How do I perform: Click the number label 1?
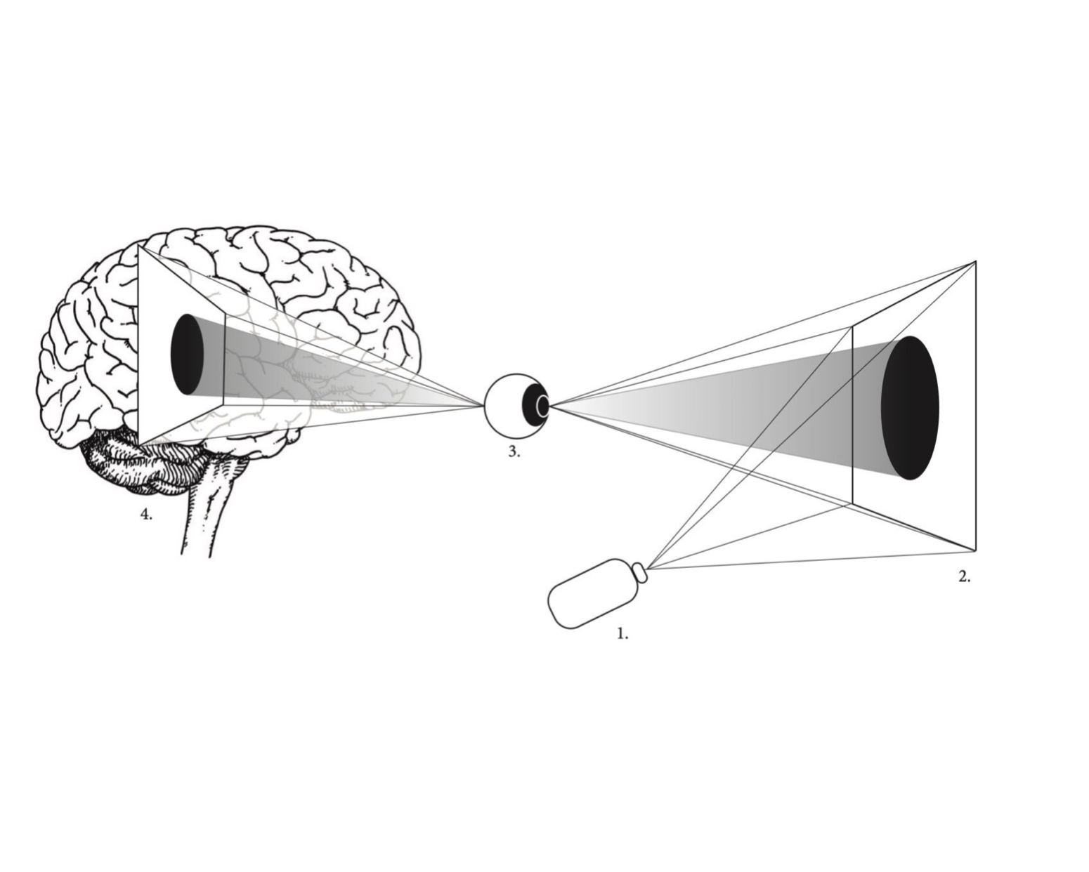pos(622,634)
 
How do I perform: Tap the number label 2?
pos(964,577)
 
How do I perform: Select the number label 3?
pos(514,452)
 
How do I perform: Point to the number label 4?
pos(145,515)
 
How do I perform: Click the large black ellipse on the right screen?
pos(910,408)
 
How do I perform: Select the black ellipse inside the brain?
pos(187,354)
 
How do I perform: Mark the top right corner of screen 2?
pos(975,262)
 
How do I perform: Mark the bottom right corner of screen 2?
pos(975,550)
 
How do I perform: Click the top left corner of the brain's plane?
pos(139,246)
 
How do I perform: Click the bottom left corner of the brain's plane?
pos(139,445)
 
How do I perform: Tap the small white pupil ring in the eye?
pos(542,406)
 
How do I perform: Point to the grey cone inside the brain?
pos(281,372)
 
